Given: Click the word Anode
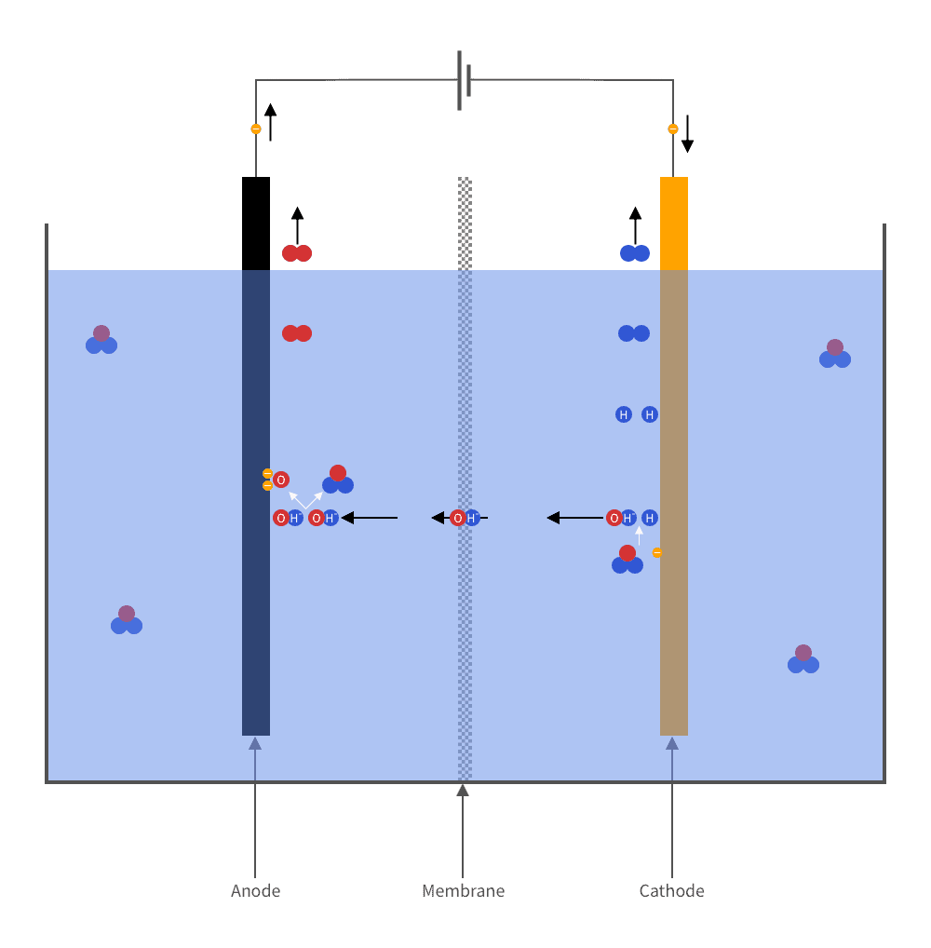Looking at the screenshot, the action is click(x=255, y=890).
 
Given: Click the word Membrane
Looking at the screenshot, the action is click(x=463, y=890).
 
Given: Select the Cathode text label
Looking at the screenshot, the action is click(x=671, y=890).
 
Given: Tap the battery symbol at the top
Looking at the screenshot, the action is click(x=464, y=80).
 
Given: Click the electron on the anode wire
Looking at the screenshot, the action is click(x=256, y=129).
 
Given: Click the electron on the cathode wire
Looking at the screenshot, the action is click(x=673, y=129).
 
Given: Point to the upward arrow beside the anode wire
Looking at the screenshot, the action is click(x=270, y=122).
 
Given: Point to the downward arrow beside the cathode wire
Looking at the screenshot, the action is click(x=687, y=133).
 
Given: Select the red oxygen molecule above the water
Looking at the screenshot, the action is click(x=297, y=253).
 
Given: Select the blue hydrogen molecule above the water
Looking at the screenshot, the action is click(x=635, y=253).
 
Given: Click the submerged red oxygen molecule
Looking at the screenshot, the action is click(x=297, y=333).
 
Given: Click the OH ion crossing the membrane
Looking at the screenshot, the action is click(x=465, y=518).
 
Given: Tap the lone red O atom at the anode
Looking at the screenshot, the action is click(x=280, y=480).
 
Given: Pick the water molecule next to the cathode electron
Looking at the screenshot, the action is click(x=627, y=560).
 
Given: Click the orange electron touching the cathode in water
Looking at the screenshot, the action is click(x=657, y=552).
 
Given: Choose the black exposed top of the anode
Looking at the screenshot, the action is click(x=256, y=223).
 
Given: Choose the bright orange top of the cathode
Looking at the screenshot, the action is click(x=674, y=223).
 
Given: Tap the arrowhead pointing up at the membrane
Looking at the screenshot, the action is click(x=463, y=791).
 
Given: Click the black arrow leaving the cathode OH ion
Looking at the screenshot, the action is click(x=575, y=518).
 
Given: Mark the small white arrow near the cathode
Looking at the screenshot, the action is click(x=639, y=535).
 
